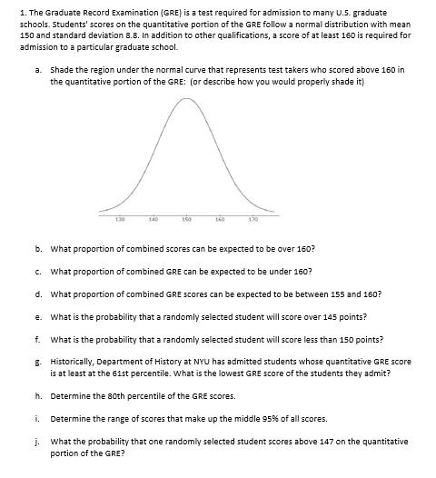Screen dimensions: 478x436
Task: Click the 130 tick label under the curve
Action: click(120, 219)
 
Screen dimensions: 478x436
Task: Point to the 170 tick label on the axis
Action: click(253, 219)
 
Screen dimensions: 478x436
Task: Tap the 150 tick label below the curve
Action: click(187, 219)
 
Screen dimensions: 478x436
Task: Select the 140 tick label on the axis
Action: click(154, 219)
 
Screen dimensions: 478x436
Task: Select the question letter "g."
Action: click(38, 361)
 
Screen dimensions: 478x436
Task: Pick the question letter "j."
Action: click(38, 441)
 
